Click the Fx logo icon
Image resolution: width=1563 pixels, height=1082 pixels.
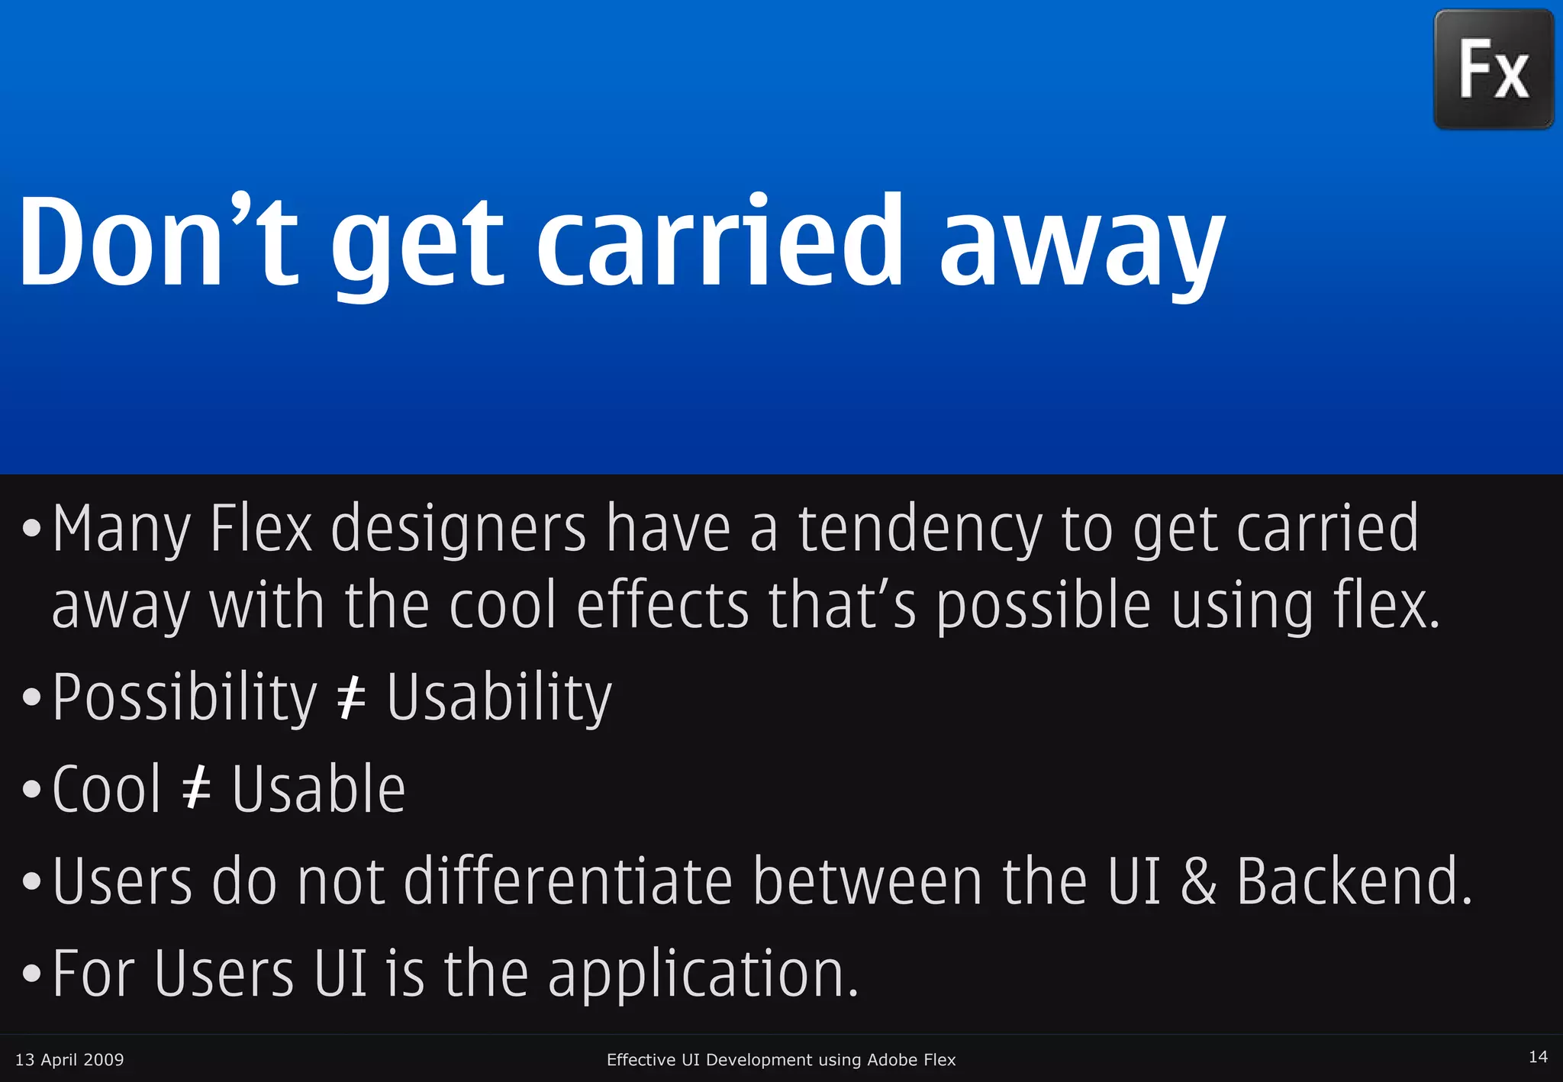pyautogui.click(x=1494, y=69)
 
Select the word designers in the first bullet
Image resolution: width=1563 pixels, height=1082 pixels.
pyautogui.click(x=458, y=529)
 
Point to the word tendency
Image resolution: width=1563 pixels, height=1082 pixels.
pyautogui.click(x=920, y=529)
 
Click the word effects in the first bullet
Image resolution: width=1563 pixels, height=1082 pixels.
pyautogui.click(x=662, y=606)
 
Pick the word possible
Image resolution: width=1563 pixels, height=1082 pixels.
pyautogui.click(x=1043, y=606)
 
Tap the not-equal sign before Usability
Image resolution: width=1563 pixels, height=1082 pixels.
pyautogui.click(x=352, y=698)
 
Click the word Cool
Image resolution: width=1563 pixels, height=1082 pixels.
pyautogui.click(x=107, y=789)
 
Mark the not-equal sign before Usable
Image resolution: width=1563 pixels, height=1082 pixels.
pyautogui.click(x=197, y=790)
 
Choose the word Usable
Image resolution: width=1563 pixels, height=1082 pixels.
pyautogui.click(x=318, y=789)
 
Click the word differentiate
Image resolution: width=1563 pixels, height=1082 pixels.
pyautogui.click(x=569, y=881)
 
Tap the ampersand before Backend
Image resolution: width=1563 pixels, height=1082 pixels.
pyautogui.click(x=1198, y=881)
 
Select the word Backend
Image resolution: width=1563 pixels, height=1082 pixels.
pyautogui.click(x=1352, y=881)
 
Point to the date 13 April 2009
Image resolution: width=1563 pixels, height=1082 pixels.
pyautogui.click(x=69, y=1059)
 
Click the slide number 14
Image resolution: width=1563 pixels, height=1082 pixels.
pyautogui.click(x=1538, y=1057)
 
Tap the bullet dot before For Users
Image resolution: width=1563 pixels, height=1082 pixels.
pyautogui.click(x=31, y=974)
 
